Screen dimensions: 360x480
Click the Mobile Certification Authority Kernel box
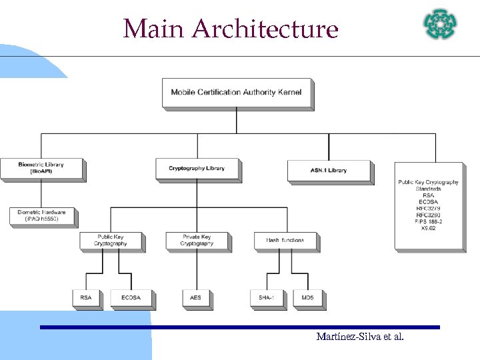[237, 93]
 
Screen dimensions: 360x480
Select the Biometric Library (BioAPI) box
[41, 168]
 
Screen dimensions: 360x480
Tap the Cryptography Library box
[197, 169]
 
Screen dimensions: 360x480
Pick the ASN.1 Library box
[329, 170]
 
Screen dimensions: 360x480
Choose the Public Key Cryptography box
[111, 241]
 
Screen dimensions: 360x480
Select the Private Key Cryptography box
[197, 241]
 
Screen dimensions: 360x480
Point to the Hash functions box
[285, 241]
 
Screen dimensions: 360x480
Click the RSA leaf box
[86, 298]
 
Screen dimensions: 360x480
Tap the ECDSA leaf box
[131, 298]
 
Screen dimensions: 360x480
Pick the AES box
[197, 298]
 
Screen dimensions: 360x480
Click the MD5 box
[308, 298]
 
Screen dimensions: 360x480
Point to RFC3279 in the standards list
[429, 209]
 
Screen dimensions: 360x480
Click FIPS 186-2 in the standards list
[429, 221]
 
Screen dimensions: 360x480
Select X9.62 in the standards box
[429, 228]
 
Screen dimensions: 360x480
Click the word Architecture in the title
[265, 29]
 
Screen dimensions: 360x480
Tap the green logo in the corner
[441, 24]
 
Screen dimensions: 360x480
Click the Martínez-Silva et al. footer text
[360, 337]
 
